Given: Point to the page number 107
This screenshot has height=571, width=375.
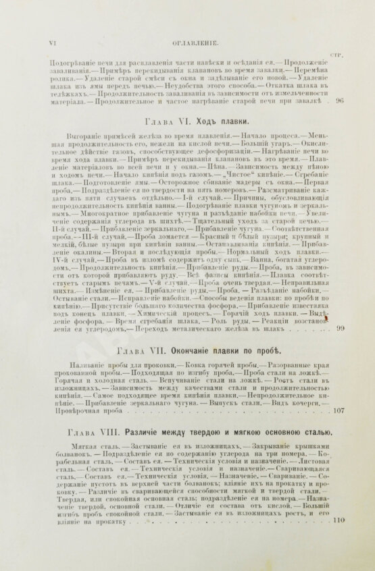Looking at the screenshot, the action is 338,410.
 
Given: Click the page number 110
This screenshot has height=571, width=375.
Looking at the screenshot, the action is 339,520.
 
